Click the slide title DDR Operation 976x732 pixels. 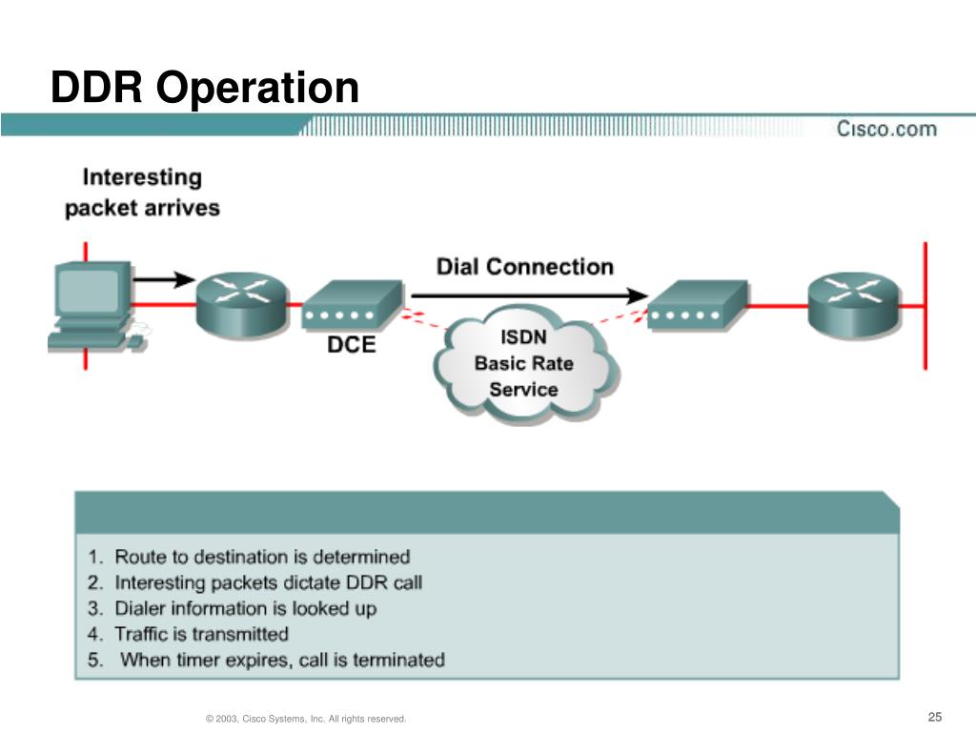coord(205,88)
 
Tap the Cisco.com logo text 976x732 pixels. coord(886,129)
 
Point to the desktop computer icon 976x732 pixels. coord(96,307)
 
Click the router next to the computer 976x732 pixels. coord(243,305)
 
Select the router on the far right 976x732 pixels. coord(854,305)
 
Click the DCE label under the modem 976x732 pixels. coord(352,344)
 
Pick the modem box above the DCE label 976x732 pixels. coord(353,304)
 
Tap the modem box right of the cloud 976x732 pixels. coord(698,304)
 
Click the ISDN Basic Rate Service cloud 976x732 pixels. coord(525,364)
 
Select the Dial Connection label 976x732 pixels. coord(525,267)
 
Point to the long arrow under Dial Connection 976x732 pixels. coord(530,295)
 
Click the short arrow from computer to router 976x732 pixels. coord(164,279)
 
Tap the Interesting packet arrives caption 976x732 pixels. coord(143,193)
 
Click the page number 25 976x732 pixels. coord(935,717)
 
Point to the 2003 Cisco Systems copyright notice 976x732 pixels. coord(306,719)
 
